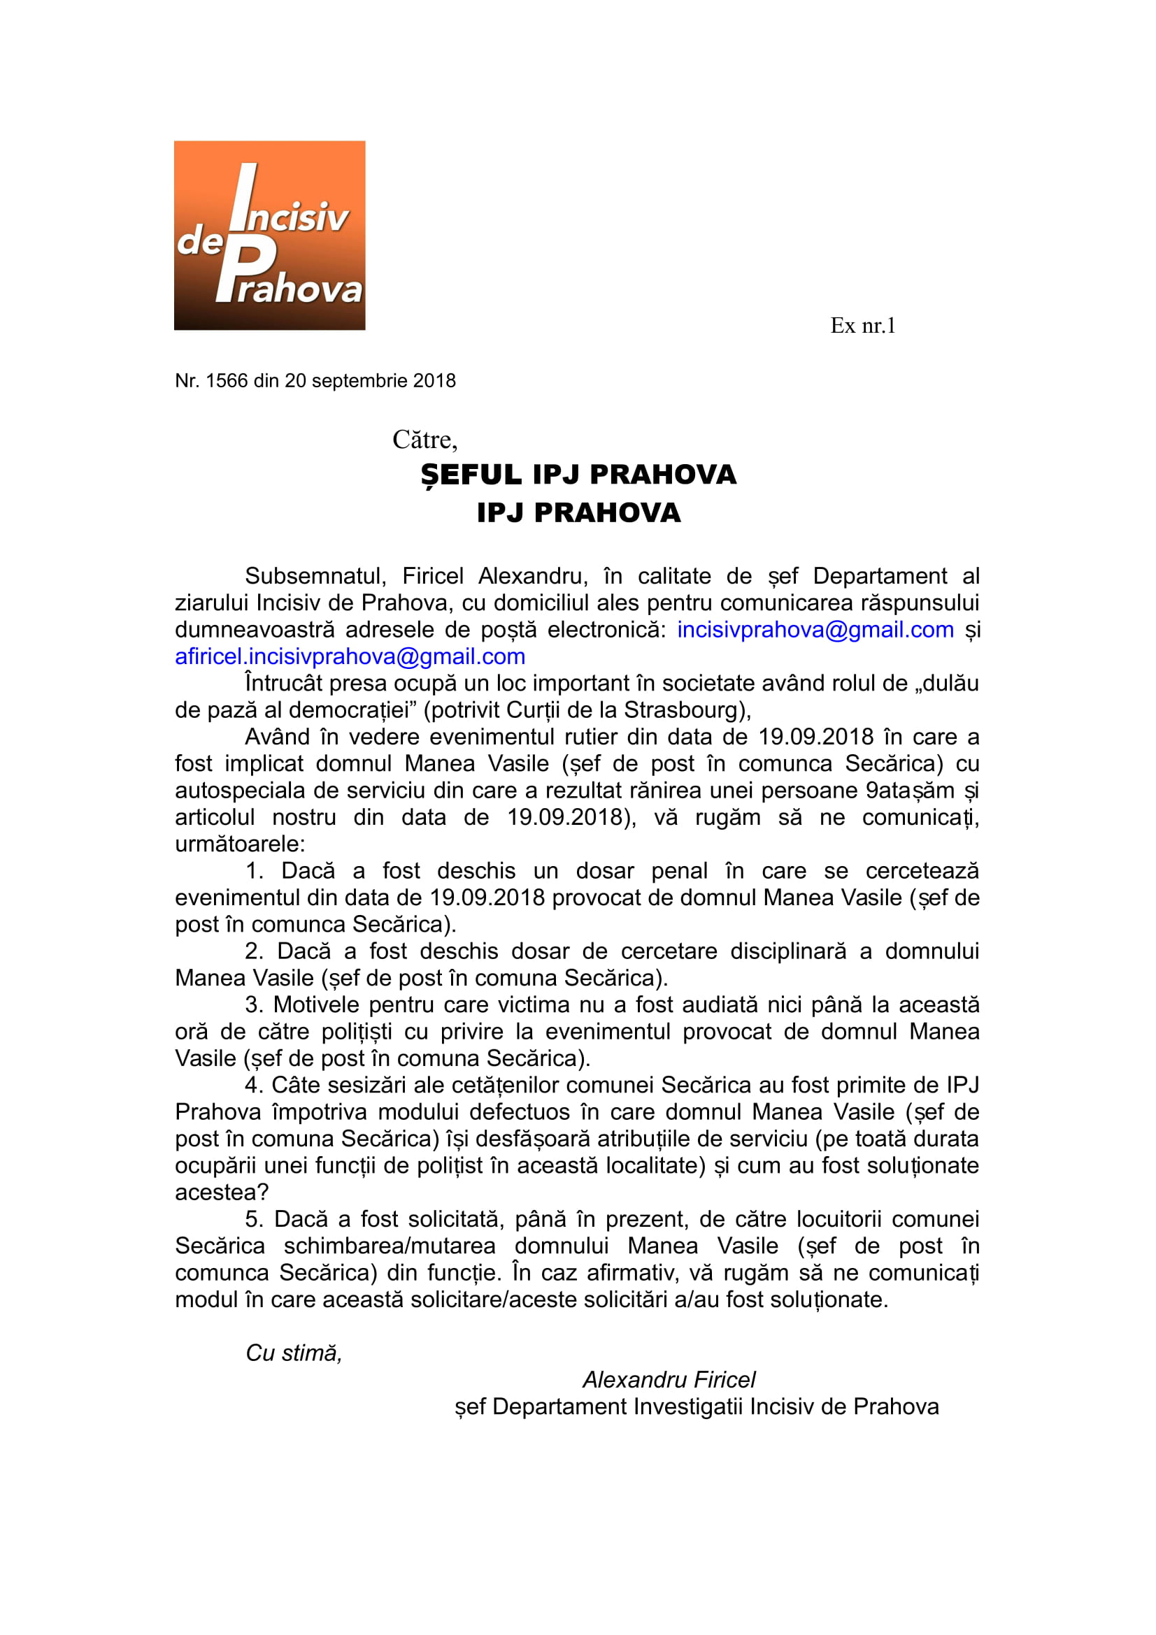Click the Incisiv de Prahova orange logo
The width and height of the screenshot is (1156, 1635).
pos(269,235)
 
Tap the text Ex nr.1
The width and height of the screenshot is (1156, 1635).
pos(862,326)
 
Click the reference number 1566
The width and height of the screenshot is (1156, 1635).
pos(227,381)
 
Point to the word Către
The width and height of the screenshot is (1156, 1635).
pos(424,440)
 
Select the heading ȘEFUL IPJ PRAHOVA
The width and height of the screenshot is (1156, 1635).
pos(578,475)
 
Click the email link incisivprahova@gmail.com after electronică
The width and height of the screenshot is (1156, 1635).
pos(815,630)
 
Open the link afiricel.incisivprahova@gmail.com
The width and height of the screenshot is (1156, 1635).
pos(350,656)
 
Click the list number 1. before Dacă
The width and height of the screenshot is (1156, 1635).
pos(255,871)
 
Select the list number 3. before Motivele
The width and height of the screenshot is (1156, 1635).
pos(255,1004)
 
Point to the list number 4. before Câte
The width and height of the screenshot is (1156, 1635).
pos(255,1086)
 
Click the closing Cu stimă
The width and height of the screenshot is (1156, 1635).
pos(294,1353)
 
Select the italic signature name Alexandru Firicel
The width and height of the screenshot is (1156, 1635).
pos(669,1380)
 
